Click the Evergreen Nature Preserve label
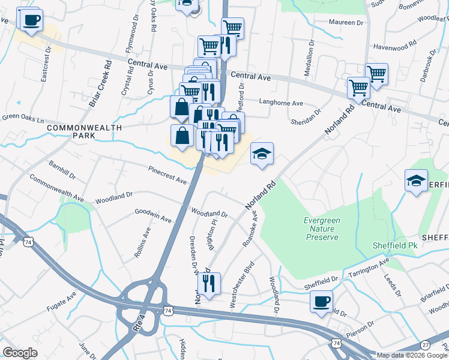pyautogui.click(x=321, y=229)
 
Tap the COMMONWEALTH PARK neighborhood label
pyautogui.click(x=84, y=132)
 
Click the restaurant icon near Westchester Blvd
pyautogui.click(x=209, y=283)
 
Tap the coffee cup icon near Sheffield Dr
pyautogui.click(x=322, y=301)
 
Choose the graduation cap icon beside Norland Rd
pyautogui.click(x=262, y=154)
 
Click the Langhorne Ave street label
pyautogui.click(x=281, y=102)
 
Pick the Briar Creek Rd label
pyautogui.click(x=100, y=83)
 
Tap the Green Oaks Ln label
pyautogui.click(x=23, y=119)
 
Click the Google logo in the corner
pyautogui.click(x=20, y=353)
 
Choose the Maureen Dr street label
pyautogui.click(x=346, y=22)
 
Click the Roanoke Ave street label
pyautogui.click(x=249, y=230)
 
